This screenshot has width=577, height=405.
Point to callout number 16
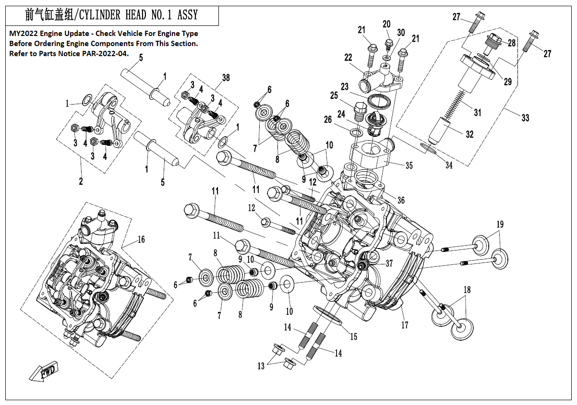141,239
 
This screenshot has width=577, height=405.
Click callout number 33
525,117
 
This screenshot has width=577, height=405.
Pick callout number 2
81,181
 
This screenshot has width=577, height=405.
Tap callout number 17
405,325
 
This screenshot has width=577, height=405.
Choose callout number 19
500,224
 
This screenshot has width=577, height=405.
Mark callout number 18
467,289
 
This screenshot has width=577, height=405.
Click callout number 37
388,263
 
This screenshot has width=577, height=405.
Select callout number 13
261,366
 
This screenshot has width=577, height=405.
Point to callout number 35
409,166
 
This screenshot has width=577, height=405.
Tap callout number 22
348,58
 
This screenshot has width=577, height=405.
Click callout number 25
334,96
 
